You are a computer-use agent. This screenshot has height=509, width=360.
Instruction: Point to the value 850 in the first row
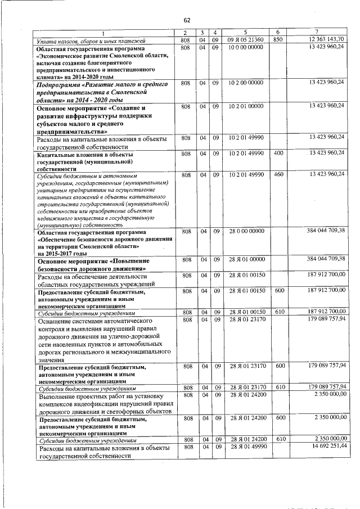[277, 39]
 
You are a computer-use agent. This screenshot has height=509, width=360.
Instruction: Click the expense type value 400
[277, 153]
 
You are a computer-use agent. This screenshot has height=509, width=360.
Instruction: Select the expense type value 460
[277, 174]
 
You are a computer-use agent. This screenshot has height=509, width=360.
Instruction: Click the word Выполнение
[58, 395]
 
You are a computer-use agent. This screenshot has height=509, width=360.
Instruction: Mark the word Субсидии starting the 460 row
[50, 175]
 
